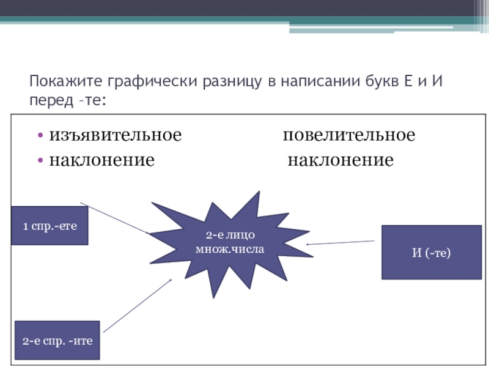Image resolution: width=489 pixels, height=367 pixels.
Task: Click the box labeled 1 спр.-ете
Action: click(x=50, y=225)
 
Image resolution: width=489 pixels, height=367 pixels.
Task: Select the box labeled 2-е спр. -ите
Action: click(x=57, y=340)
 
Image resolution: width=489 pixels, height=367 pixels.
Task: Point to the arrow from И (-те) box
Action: click(x=342, y=242)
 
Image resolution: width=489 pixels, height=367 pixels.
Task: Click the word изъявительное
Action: click(x=116, y=135)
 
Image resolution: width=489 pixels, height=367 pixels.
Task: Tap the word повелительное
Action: click(x=348, y=135)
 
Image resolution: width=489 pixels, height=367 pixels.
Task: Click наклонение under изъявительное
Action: click(x=101, y=160)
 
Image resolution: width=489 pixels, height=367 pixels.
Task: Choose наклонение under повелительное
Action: click(x=340, y=160)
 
